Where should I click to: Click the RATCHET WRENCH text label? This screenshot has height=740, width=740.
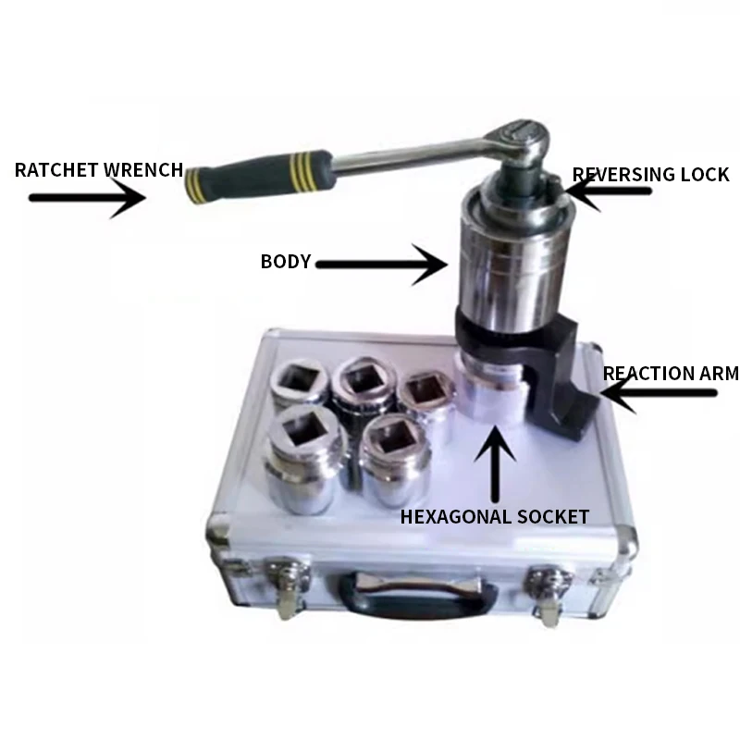tap(97, 170)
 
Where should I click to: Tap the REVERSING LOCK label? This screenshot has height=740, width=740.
tap(651, 174)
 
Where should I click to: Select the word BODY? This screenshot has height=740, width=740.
tap(285, 262)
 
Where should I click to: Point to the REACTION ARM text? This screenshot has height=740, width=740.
tap(671, 374)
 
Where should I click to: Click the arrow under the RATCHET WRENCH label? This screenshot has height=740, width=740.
tap(88, 197)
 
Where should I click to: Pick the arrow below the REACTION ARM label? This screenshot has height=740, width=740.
tap(657, 393)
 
